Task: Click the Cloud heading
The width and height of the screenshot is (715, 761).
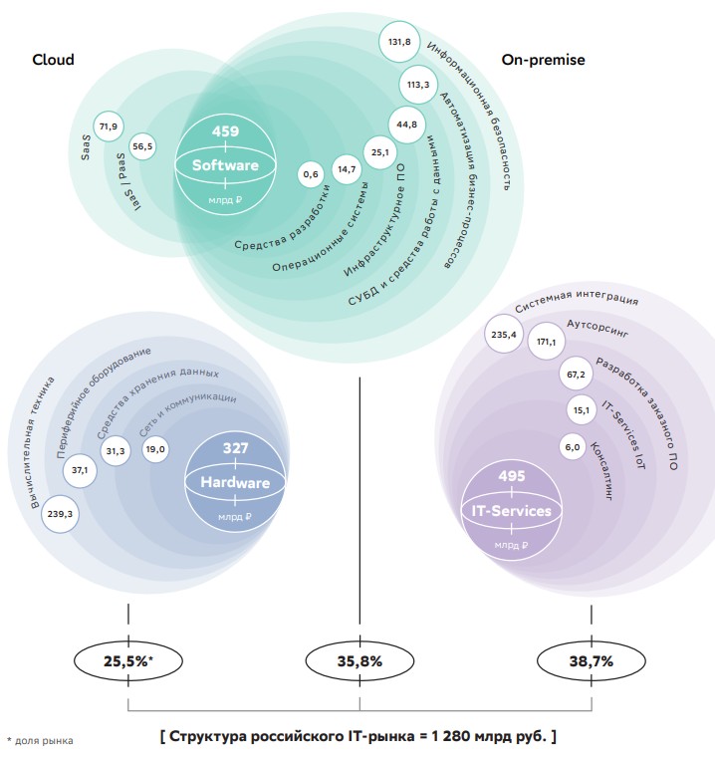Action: coord(53,60)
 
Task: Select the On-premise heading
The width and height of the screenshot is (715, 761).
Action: coord(543,60)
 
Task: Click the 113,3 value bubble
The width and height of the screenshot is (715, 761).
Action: coord(417,85)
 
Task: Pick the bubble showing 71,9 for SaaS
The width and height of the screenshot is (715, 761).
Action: coord(108,126)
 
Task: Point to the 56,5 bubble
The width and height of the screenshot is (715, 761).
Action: coord(143,146)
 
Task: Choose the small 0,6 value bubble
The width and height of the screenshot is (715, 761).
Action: coord(310,174)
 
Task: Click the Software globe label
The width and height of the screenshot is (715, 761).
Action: coord(225,165)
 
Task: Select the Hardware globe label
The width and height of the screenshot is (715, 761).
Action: coord(236,483)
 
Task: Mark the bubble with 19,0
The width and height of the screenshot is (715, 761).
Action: coord(155,450)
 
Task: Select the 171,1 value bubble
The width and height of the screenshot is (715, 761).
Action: coord(547,342)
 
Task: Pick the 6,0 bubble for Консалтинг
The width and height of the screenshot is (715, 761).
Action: coord(572,447)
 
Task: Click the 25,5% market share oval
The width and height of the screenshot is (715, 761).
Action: coord(127,660)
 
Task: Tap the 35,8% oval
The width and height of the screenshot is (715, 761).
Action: coord(358,660)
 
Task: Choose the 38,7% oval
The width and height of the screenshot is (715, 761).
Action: coord(591,660)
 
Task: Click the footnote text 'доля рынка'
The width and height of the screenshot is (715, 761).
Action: coord(44,740)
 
